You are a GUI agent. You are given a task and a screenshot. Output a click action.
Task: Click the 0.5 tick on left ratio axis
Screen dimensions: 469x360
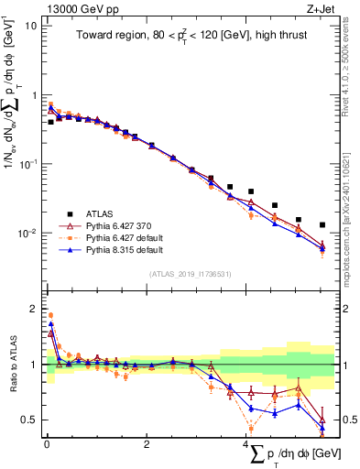30,420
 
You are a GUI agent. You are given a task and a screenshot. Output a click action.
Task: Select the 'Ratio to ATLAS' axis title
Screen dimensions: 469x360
11,364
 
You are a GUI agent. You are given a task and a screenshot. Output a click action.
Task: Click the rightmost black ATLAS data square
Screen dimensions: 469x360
322,224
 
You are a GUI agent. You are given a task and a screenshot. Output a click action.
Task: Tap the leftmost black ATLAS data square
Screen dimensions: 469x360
51,121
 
